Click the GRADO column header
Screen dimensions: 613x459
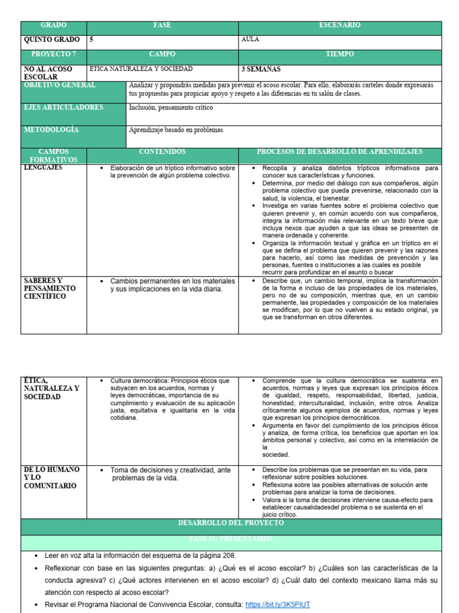[x=54, y=26]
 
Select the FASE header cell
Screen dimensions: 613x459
[x=162, y=26]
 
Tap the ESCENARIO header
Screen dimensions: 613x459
[x=339, y=26]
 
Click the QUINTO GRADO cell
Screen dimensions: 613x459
[x=51, y=40]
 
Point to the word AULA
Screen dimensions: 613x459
[x=250, y=40]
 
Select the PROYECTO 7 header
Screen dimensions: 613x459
[x=54, y=54]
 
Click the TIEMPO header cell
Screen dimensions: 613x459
[x=339, y=54]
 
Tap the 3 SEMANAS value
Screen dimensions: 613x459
[x=261, y=69]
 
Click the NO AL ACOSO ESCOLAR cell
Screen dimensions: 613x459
[x=42, y=73]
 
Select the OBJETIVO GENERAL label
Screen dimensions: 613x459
[x=59, y=86]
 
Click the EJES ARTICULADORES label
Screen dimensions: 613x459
[x=63, y=108]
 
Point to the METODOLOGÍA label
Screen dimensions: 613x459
[x=51, y=130]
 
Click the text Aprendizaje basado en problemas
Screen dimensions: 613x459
[x=176, y=130]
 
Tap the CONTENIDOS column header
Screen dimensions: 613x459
[x=162, y=152]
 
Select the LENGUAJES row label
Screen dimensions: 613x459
[x=43, y=168]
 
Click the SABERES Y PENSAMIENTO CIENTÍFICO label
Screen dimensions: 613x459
[x=50, y=289]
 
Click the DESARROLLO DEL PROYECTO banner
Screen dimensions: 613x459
[x=231, y=523]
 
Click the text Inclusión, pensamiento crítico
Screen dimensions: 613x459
[x=171, y=108]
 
